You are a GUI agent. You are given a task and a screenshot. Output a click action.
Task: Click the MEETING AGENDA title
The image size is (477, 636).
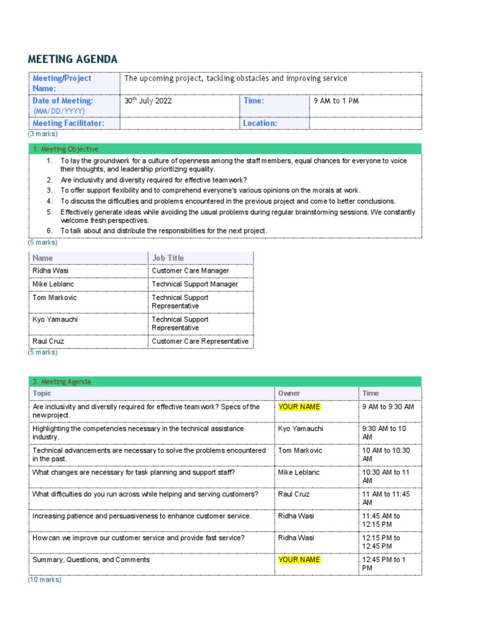[x=72, y=60]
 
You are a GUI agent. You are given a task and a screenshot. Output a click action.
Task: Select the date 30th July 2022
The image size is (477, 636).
[x=148, y=101]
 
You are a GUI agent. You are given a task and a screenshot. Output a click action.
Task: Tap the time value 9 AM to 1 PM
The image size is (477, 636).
[x=336, y=101]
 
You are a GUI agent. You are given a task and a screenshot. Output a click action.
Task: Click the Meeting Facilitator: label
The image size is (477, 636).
[x=68, y=123]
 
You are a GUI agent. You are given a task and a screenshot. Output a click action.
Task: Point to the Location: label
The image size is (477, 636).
[x=260, y=123]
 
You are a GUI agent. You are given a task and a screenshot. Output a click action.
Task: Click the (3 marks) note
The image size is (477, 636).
[x=42, y=134]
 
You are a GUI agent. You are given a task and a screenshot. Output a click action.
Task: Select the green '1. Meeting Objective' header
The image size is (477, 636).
[x=65, y=149]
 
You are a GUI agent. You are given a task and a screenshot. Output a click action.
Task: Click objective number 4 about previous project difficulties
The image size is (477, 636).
[x=227, y=201]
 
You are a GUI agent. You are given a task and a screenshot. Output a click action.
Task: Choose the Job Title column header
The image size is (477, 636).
[x=168, y=258]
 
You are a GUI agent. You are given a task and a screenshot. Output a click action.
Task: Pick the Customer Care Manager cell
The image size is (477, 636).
[x=190, y=271]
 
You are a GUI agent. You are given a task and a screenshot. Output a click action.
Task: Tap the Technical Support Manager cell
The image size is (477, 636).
[x=194, y=284]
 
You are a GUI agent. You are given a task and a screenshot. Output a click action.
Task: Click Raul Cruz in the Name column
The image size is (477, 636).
[x=48, y=342]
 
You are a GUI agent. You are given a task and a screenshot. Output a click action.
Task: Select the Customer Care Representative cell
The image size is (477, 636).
[x=199, y=342]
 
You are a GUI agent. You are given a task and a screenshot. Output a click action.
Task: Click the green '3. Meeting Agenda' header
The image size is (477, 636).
[x=61, y=382]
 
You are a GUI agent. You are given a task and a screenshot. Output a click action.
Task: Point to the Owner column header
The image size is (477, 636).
[x=289, y=393]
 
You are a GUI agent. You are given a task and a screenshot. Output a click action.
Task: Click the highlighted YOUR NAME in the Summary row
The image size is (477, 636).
[x=299, y=560]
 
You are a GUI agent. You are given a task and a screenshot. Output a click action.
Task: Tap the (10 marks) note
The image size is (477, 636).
[x=44, y=579]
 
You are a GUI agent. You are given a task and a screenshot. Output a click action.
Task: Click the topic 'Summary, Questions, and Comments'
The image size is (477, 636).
[x=91, y=560]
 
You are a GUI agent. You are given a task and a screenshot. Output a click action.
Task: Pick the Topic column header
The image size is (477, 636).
[x=42, y=393]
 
